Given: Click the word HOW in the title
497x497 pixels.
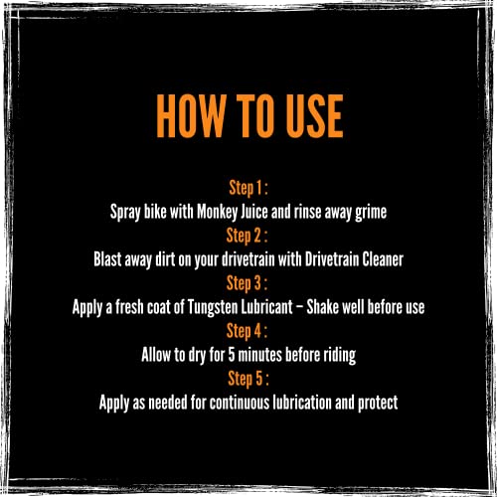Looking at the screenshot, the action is tap(190, 115).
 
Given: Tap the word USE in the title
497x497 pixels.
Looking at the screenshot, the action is tap(315, 115).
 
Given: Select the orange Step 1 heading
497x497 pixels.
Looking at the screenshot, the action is tap(248, 189).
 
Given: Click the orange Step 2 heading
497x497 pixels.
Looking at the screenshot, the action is tap(247, 237).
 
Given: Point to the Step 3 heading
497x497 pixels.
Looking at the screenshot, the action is tap(247, 284).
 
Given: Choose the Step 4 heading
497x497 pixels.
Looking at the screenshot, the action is tap(247, 331).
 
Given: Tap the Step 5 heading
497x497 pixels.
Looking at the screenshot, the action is tap(248, 379).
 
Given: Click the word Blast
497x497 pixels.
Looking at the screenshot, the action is tap(107, 259).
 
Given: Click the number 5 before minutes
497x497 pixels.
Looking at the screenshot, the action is tap(232, 355).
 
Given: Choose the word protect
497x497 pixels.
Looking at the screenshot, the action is tap(378, 404).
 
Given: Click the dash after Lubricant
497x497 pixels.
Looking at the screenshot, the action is tap(299, 308).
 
